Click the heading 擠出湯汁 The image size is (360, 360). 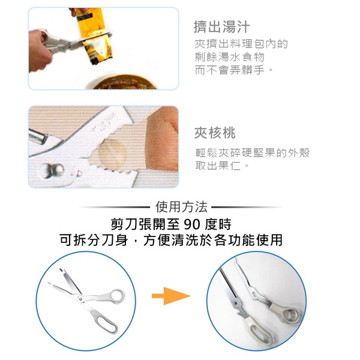221,27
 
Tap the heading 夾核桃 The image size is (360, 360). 215,133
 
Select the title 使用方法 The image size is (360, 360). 181,207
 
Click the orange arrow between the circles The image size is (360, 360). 171,296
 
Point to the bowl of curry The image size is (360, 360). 124,82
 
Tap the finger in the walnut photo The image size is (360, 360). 162,139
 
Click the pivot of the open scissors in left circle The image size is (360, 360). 80,299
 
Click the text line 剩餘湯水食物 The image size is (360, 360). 230,57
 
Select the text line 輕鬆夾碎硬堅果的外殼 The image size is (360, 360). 253,152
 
